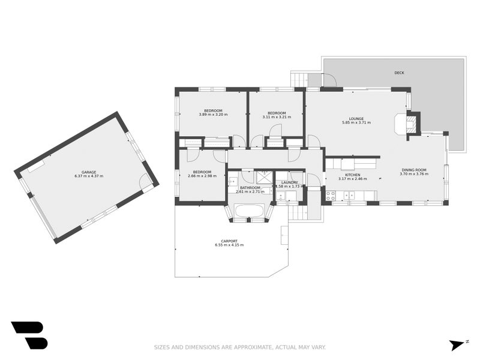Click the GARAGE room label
tap(89, 172)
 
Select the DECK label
tap(399, 73)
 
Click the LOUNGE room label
tap(356, 118)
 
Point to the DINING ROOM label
tap(414, 170)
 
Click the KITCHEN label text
tap(352, 175)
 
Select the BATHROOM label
tap(250, 187)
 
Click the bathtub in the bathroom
tap(249, 211)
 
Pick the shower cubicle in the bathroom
tap(263, 176)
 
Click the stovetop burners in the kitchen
tap(330, 194)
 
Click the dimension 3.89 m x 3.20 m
tap(213, 115)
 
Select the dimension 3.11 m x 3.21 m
tap(277, 117)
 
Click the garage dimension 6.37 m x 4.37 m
tap(89, 176)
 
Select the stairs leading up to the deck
tap(299, 79)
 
